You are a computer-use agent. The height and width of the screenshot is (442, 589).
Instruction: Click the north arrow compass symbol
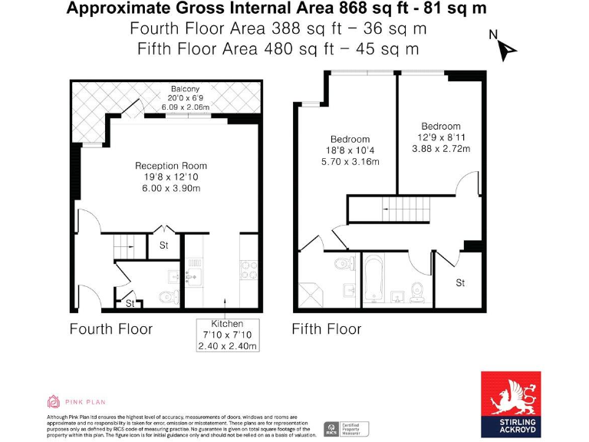pyautogui.click(x=507, y=48)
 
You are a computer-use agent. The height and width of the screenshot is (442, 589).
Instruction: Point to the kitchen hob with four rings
pyautogui.click(x=250, y=269)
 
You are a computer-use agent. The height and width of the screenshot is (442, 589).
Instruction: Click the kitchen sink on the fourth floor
pyautogui.click(x=193, y=269)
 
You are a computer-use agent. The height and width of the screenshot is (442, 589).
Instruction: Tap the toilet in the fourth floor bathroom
pyautogui.click(x=166, y=296)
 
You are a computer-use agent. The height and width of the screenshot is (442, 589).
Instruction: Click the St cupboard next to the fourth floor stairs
pyautogui.click(x=163, y=246)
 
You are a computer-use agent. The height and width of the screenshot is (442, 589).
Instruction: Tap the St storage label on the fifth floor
pyautogui.click(x=460, y=283)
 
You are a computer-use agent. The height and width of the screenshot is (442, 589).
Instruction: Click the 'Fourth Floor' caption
pyautogui.click(x=111, y=329)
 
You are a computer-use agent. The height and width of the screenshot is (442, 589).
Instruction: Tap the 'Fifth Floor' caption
pyautogui.click(x=326, y=329)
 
